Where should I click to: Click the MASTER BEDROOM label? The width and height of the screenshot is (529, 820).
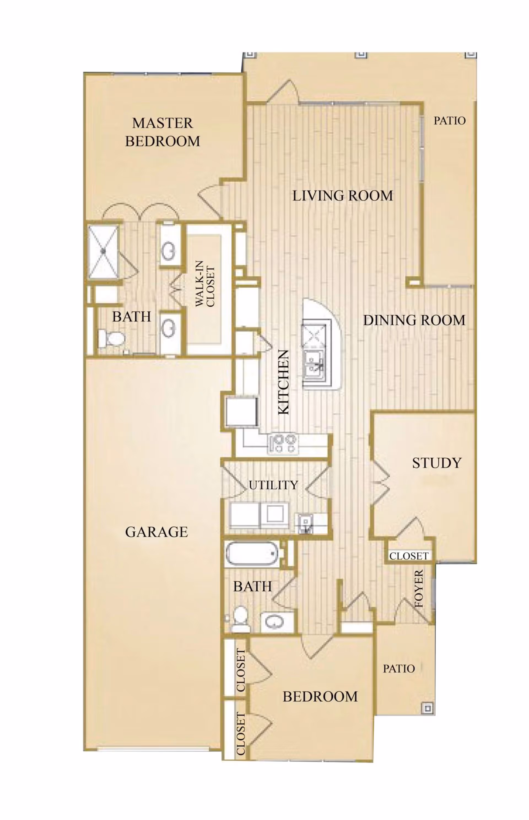(x=163, y=132)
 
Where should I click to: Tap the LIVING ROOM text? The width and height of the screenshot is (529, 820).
(x=342, y=196)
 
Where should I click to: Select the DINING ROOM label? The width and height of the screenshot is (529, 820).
(x=414, y=320)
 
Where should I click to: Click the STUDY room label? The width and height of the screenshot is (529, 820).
(x=437, y=463)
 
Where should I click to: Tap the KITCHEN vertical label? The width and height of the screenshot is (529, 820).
(x=284, y=382)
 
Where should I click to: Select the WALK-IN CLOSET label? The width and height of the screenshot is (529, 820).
(x=205, y=284)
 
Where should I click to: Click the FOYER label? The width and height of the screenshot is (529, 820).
(x=419, y=589)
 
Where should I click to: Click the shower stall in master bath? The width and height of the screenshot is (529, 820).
(x=103, y=252)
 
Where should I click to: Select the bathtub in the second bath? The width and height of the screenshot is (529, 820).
(x=252, y=553)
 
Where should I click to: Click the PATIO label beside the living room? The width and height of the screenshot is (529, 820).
(x=449, y=121)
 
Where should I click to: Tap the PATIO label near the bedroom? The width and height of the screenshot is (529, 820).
(x=399, y=669)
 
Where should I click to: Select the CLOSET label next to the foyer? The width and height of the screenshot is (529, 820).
(x=409, y=556)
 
